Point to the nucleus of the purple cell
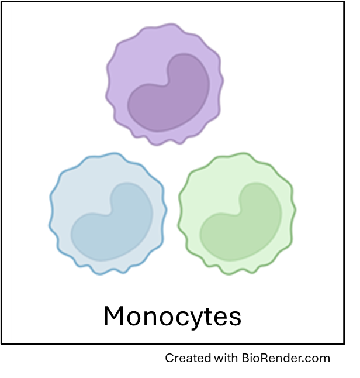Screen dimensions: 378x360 click(x=169, y=97)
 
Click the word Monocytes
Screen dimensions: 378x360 click(x=172, y=317)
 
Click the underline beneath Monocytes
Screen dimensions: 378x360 click(x=172, y=328)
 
